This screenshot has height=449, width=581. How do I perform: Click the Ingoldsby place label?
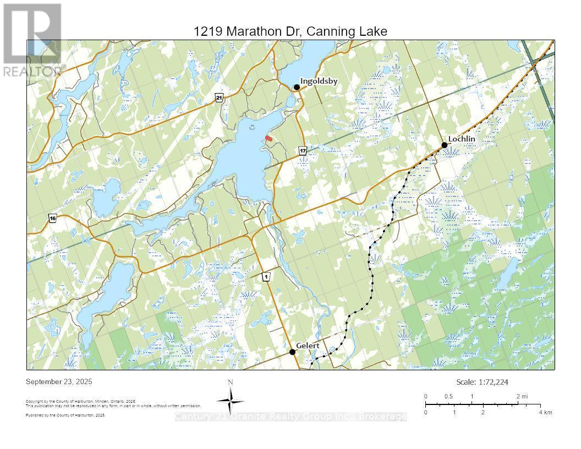tap(319, 81)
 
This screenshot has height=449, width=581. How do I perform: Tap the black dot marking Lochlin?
tap(445, 145)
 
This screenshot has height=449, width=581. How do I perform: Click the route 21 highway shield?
tap(219, 97)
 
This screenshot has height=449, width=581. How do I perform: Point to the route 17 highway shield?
tap(303, 150)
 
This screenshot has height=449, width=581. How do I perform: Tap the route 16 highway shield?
tap(53, 218)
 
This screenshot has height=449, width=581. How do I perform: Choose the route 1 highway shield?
tap(266, 277)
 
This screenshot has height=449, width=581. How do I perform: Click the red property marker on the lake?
tap(268, 138)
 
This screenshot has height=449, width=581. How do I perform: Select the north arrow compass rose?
tap(231, 399)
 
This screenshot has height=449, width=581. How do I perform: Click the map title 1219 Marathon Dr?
tap(290, 31)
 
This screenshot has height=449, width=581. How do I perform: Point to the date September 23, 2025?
tap(59, 382)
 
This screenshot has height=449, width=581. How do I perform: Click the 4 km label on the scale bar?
tap(545, 412)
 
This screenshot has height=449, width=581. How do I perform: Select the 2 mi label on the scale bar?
tap(522, 396)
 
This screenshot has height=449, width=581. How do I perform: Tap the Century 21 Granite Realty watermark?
tap(290, 417)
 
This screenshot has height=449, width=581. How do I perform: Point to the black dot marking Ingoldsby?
tap(297, 87)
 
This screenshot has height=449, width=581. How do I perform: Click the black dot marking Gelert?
tap(293, 352)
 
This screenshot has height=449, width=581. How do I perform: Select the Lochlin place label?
tap(462, 139)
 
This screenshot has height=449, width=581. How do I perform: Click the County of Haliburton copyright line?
tap(81, 402)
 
